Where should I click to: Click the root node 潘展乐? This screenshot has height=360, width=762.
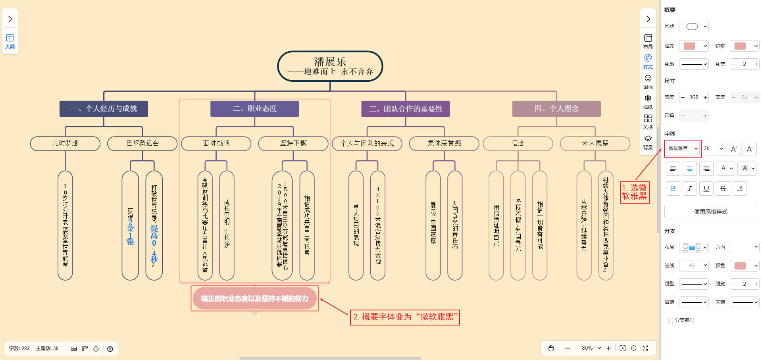point(330,66)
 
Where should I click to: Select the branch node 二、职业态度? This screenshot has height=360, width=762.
point(254,109)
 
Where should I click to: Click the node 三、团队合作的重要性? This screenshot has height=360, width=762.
point(405,109)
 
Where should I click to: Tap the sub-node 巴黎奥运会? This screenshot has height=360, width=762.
point(142,143)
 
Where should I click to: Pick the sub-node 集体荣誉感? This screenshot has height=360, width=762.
point(444,143)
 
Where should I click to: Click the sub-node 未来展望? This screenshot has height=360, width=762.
point(595,143)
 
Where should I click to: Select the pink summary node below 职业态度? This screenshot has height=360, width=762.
point(254,298)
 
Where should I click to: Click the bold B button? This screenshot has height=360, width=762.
point(673,189)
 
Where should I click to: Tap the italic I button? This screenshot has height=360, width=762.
point(689,189)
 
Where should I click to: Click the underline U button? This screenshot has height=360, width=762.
point(706,189)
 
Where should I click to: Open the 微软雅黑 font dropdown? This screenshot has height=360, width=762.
point(683,148)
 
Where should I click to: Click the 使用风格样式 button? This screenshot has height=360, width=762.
point(710,212)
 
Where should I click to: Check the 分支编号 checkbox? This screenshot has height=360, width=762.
point(670,320)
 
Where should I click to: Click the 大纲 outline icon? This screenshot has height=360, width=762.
point(10,41)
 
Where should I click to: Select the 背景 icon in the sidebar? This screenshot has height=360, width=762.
point(648,142)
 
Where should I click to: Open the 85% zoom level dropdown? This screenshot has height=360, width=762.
point(591,348)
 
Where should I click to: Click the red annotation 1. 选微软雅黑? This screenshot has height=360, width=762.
point(635,192)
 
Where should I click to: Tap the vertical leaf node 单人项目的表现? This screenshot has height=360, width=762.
point(356,225)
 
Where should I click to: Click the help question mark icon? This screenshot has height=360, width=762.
point(110,349)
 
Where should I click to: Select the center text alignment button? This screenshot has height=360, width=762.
point(689,169)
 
